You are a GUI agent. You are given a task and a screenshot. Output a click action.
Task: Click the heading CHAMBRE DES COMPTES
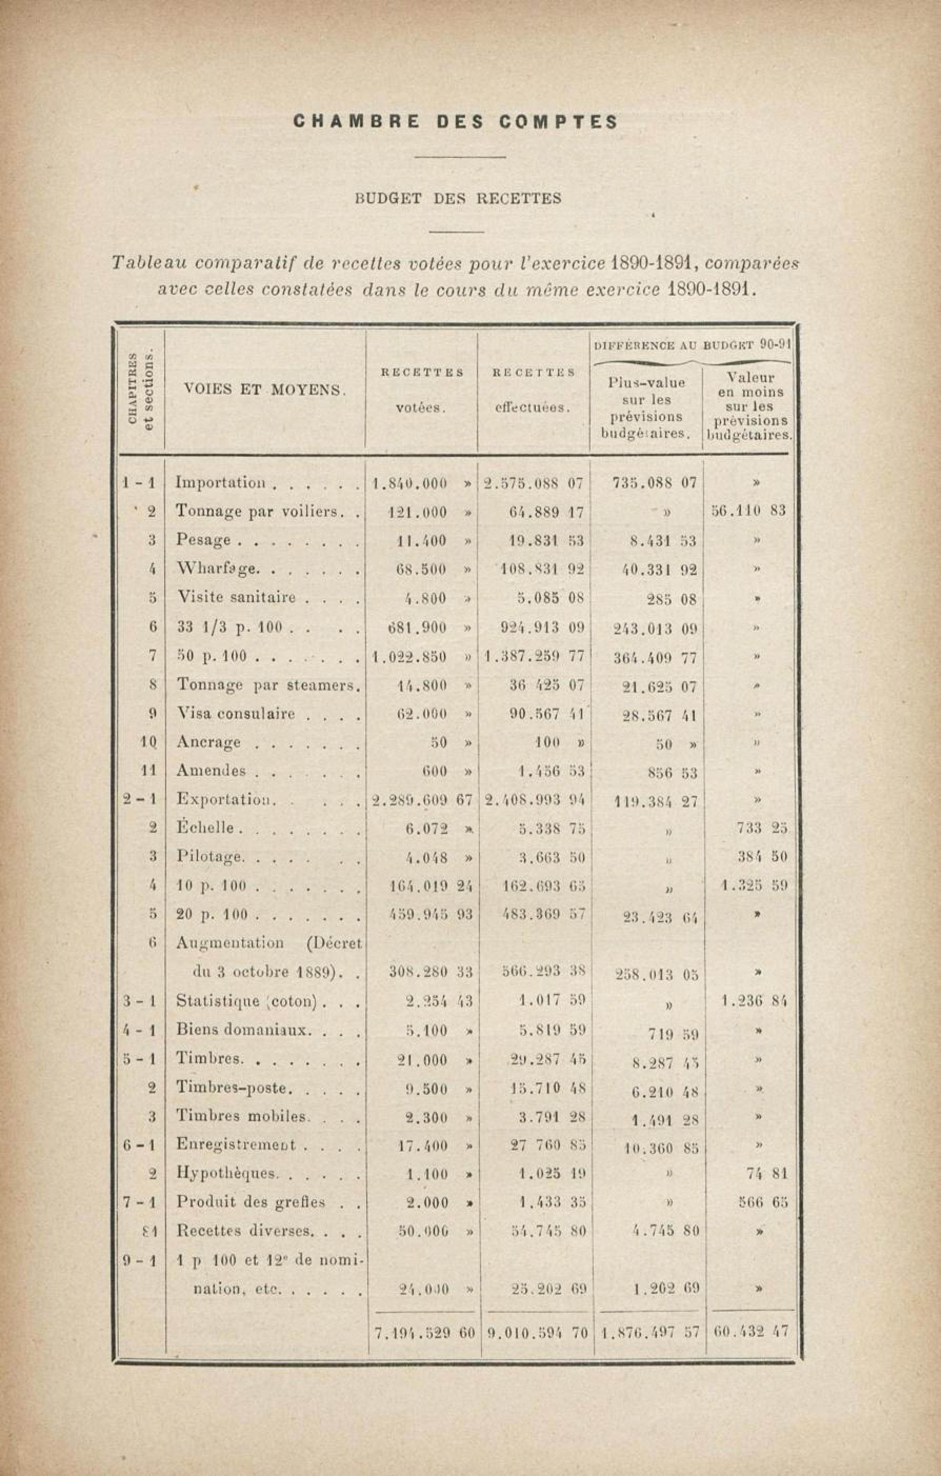pyautogui.click(x=455, y=122)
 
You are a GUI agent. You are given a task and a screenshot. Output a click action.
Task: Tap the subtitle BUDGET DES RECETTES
pyautogui.click(x=458, y=198)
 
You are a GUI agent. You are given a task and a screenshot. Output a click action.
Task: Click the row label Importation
pyautogui.click(x=221, y=482)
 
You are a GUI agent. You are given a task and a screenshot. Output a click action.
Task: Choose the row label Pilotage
pyautogui.click(x=211, y=856)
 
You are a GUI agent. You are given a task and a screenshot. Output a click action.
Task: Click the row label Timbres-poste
pyautogui.click(x=232, y=1088)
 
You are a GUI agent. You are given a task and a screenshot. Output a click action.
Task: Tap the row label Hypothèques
pyautogui.click(x=227, y=1173)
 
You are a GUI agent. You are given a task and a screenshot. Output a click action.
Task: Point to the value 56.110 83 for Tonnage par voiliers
pyautogui.click(x=748, y=511)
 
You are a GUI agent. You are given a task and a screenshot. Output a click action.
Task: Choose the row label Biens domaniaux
pyautogui.click(x=243, y=1030)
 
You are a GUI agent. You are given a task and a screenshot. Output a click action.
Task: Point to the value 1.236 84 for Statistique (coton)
pyautogui.click(x=754, y=1002)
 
